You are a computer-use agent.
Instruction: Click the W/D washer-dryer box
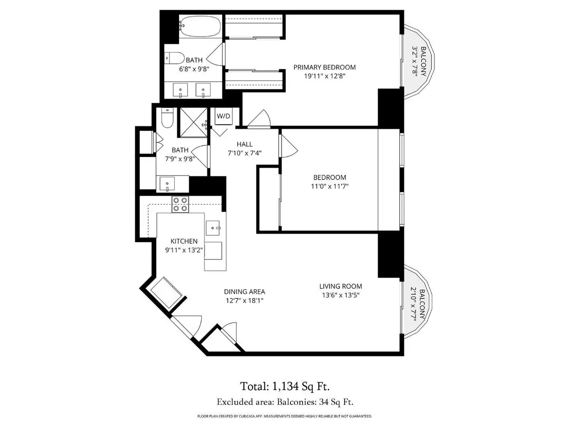click(x=224, y=116)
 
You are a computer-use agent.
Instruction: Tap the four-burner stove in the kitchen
click(x=180, y=204)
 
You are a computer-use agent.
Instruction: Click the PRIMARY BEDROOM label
click(x=324, y=67)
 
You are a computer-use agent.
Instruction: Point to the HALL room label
click(x=244, y=144)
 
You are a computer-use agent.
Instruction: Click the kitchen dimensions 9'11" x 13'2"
click(x=184, y=250)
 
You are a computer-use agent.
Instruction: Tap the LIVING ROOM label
click(x=341, y=286)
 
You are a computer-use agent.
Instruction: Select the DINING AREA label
click(x=244, y=292)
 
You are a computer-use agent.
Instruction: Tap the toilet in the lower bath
click(x=167, y=118)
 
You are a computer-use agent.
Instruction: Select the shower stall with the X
click(x=193, y=122)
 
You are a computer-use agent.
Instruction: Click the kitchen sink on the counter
click(x=213, y=228)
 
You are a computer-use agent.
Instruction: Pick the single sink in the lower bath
click(x=167, y=184)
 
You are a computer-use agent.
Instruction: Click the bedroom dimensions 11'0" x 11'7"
click(x=330, y=186)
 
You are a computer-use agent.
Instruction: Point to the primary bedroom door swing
click(x=259, y=119)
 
